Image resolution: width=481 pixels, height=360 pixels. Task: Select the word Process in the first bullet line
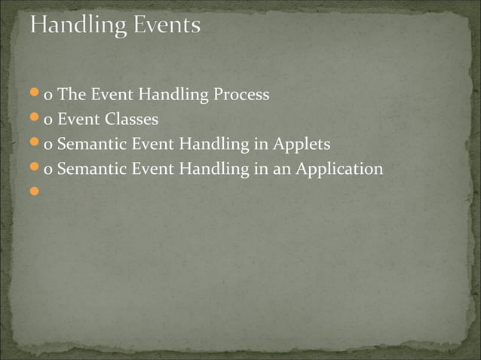pyautogui.click(x=242, y=96)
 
